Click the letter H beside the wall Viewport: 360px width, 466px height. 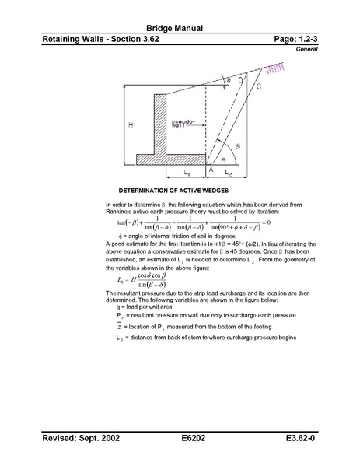coord(131,124)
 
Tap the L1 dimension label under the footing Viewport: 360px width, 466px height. coord(187,172)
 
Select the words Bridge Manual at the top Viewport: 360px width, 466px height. coord(180,29)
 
